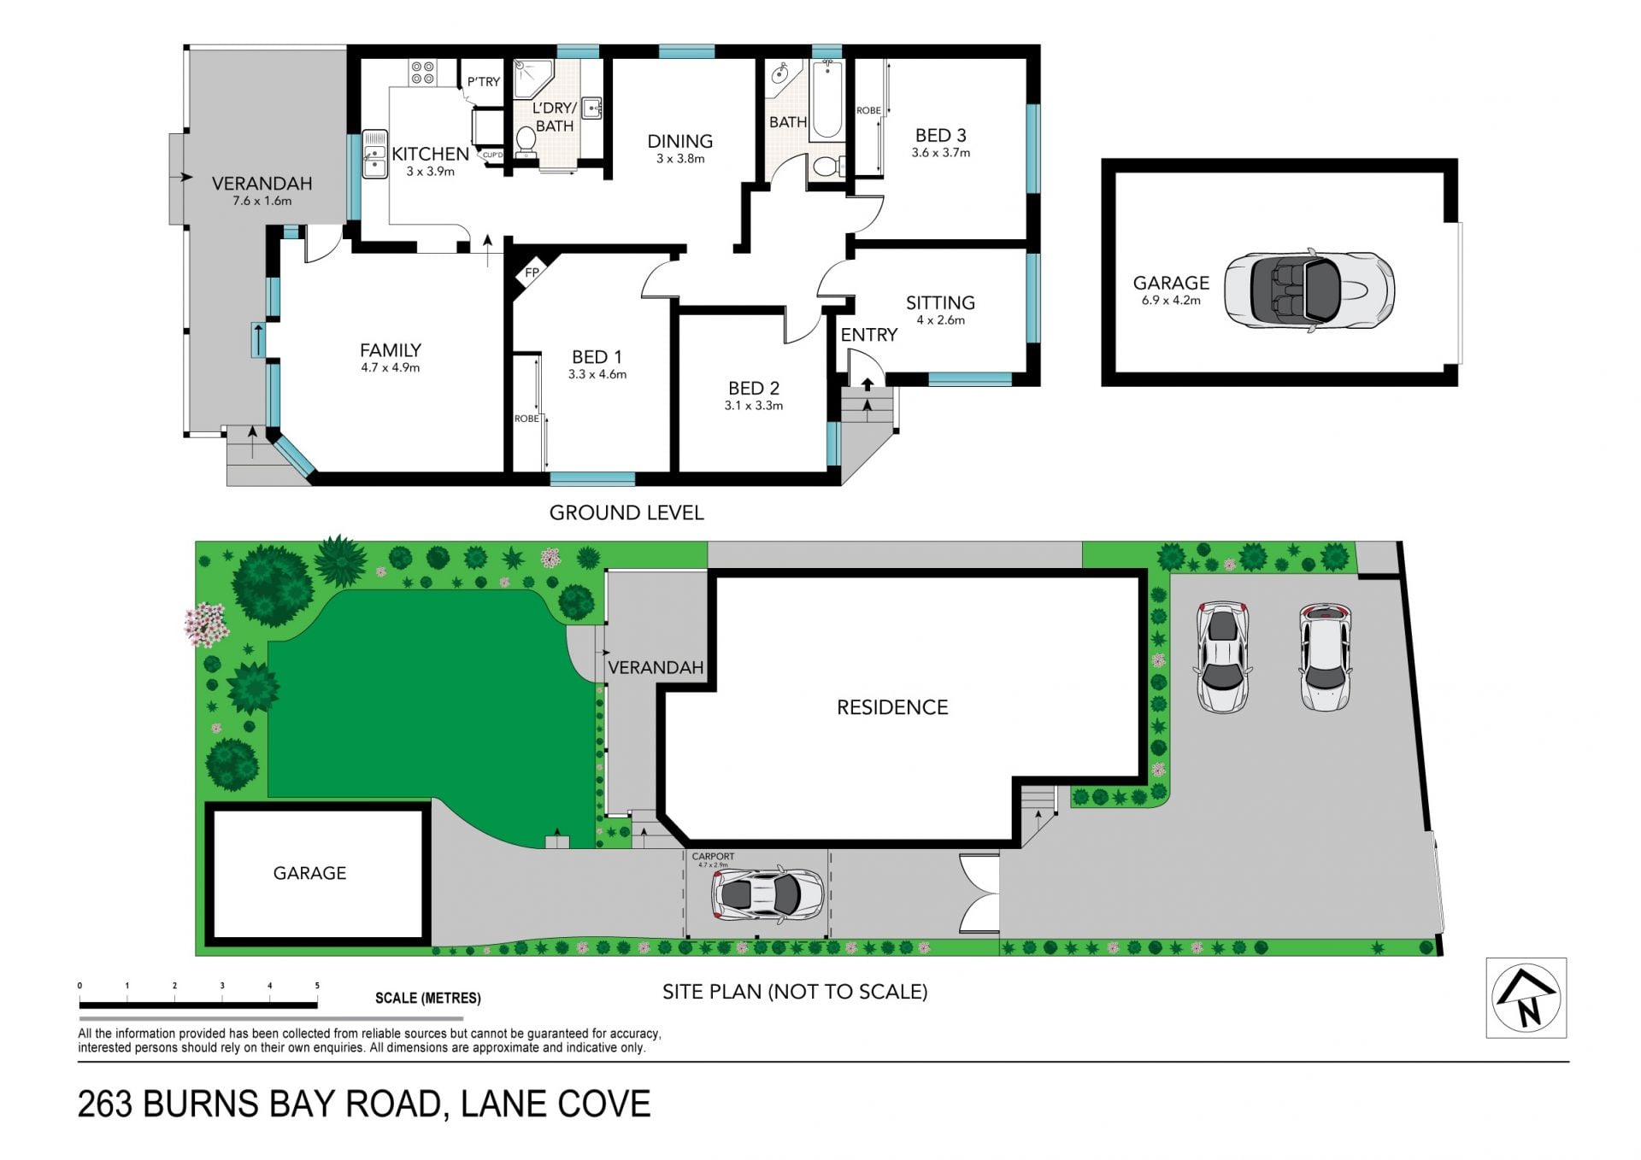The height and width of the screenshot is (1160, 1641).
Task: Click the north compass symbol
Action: (1526, 998)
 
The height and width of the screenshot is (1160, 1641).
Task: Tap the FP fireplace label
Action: (532, 273)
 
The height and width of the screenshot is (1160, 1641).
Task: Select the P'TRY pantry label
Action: (484, 82)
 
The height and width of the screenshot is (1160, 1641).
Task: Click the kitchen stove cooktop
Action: (422, 73)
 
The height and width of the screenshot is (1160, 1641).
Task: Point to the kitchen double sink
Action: (374, 154)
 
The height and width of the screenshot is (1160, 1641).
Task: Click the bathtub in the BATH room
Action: (826, 100)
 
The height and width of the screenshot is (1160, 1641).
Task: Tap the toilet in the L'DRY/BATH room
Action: (526, 143)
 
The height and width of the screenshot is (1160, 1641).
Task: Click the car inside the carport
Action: (768, 894)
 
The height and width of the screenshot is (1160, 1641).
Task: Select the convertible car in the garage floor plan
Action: (1309, 290)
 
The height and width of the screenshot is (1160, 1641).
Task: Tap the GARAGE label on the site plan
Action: (309, 873)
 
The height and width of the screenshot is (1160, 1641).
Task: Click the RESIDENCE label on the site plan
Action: (892, 707)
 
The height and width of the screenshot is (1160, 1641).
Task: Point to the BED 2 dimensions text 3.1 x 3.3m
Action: (754, 406)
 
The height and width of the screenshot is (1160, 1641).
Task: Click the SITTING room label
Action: (940, 302)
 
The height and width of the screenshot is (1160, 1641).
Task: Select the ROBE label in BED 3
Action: (868, 111)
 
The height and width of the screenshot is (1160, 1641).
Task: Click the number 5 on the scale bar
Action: (317, 986)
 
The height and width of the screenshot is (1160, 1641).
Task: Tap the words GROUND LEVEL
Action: (626, 513)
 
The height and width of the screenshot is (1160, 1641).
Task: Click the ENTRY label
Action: (869, 335)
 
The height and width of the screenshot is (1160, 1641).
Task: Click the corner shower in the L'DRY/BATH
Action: (532, 77)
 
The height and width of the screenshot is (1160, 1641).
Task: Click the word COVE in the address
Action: (603, 1104)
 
